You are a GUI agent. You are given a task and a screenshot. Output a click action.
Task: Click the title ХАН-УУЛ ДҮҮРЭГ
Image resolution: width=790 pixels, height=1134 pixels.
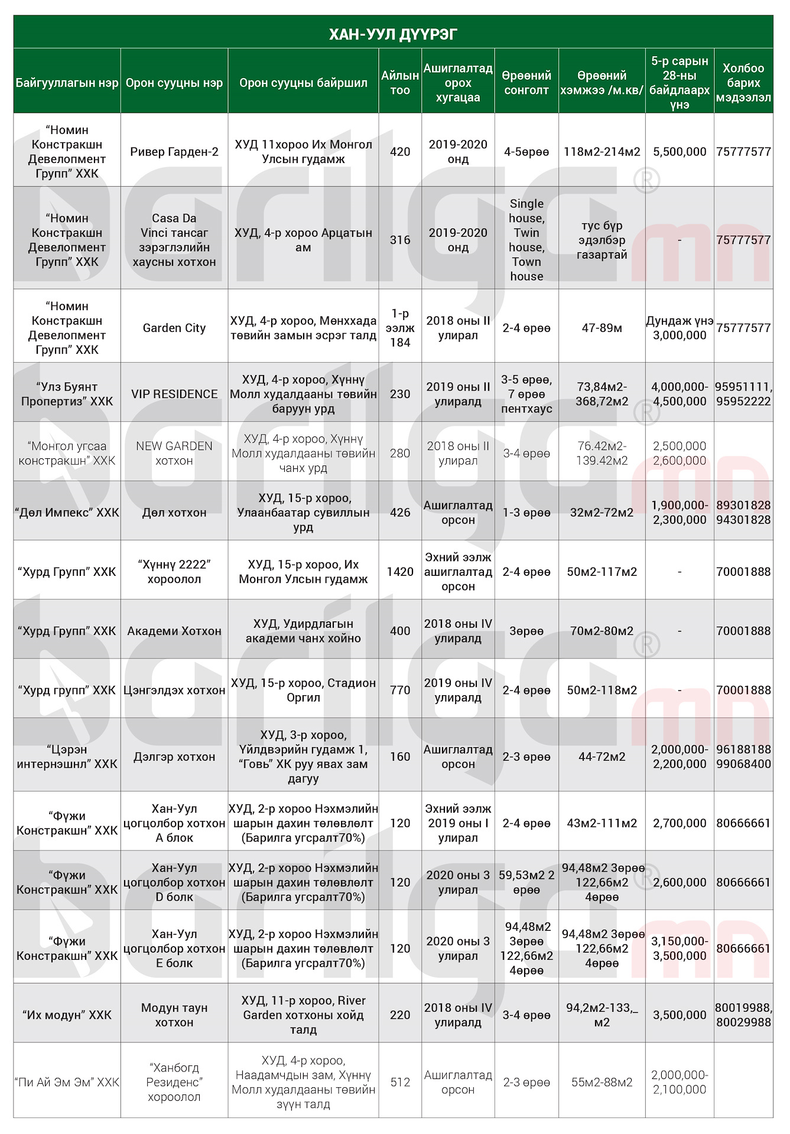click(393, 34)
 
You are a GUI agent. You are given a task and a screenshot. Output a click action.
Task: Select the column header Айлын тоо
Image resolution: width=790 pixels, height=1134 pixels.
click(399, 83)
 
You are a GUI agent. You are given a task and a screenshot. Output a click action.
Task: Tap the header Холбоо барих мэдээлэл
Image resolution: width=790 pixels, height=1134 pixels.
click(743, 83)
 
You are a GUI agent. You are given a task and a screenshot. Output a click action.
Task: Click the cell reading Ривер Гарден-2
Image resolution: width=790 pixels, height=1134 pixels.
click(174, 152)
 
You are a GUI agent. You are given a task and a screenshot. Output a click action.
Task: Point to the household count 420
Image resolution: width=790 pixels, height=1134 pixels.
click(399, 152)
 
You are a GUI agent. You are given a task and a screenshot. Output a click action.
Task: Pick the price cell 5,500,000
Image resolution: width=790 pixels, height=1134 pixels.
click(680, 152)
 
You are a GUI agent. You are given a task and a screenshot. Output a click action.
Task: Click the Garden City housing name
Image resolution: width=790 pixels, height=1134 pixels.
click(174, 328)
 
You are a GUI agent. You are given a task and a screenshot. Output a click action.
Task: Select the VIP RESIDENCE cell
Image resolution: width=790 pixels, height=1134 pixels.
click(174, 394)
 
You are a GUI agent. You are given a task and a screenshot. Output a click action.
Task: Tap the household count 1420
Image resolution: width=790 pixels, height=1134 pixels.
click(399, 572)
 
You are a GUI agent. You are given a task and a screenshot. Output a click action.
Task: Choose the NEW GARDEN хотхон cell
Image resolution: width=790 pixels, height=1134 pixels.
click(174, 453)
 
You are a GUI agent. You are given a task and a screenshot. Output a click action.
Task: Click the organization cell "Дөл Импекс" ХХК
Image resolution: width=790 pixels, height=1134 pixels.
click(67, 513)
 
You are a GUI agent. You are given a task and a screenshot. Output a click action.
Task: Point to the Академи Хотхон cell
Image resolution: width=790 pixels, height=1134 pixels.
click(174, 631)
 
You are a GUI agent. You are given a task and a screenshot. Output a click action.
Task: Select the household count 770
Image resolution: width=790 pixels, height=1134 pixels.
click(399, 690)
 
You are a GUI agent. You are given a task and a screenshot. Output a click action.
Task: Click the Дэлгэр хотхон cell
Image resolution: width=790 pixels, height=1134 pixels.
click(174, 757)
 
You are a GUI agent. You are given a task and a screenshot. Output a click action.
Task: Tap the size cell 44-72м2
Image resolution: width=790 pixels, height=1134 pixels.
click(602, 757)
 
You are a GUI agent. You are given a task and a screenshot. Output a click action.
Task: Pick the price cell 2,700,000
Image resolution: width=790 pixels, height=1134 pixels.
click(680, 823)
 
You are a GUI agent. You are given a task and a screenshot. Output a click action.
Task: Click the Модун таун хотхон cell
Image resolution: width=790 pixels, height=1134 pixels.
click(174, 1015)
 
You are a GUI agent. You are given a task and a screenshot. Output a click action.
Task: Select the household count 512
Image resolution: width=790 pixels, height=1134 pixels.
click(399, 1082)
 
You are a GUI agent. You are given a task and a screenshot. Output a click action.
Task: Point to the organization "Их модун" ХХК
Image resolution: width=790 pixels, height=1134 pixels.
click(67, 1015)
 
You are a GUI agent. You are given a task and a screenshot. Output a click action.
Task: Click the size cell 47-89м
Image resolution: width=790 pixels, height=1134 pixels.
click(602, 328)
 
